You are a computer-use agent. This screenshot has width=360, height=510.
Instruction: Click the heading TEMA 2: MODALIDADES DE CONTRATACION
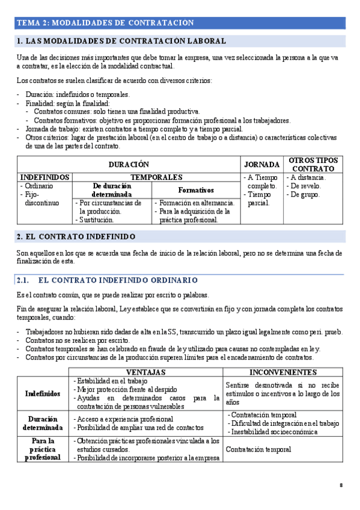(x=105, y=23)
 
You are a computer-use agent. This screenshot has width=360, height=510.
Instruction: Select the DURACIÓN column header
(x=129, y=165)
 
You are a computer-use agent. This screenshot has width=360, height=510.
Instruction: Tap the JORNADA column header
(x=261, y=165)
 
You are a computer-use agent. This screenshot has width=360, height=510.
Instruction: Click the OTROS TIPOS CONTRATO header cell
(x=313, y=165)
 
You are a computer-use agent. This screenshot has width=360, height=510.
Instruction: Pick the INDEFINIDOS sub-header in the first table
(x=44, y=177)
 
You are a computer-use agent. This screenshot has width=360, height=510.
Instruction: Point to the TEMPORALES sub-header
(x=156, y=177)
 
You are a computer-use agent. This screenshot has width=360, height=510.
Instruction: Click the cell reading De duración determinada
(x=112, y=190)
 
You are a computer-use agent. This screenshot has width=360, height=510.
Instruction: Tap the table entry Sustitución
(x=96, y=220)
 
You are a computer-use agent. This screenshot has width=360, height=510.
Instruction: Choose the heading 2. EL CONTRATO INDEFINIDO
(x=76, y=236)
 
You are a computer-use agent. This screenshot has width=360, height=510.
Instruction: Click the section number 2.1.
(x=23, y=280)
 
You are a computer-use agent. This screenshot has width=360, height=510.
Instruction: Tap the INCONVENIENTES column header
(x=282, y=372)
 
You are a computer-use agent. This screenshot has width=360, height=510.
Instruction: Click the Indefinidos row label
(x=43, y=393)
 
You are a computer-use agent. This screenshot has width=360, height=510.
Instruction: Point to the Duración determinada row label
(x=43, y=423)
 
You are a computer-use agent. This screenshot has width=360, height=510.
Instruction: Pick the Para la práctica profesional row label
(x=43, y=449)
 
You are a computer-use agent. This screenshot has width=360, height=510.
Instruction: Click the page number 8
(x=341, y=485)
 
